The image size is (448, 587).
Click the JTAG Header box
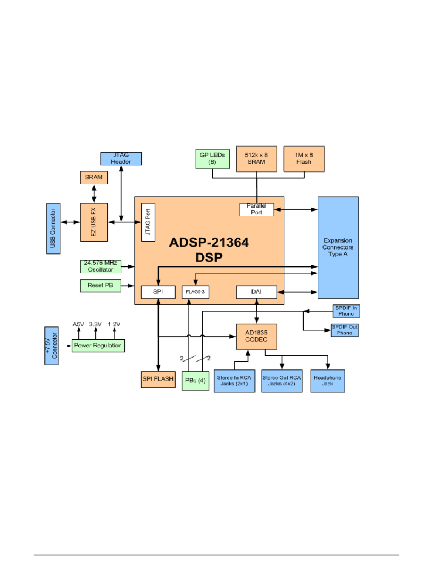click(121, 159)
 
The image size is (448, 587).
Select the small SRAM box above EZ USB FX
click(94, 178)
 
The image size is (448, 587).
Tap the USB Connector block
click(53, 228)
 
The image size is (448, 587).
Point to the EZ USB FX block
click(94, 222)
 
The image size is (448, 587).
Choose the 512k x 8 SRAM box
click(256, 159)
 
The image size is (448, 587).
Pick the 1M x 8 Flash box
click(304, 159)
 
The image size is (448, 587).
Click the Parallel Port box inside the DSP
click(257, 209)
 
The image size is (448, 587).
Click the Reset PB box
click(100, 285)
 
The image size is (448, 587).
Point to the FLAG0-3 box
click(195, 292)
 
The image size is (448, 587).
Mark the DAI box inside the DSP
click(256, 292)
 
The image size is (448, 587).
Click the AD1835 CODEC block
click(256, 336)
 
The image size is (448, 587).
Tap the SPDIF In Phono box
click(346, 311)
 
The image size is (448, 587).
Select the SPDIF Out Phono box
click(345, 330)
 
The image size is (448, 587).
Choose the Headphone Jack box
click(328, 381)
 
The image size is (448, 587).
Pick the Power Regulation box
click(98, 345)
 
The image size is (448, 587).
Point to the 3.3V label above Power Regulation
click(96, 324)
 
